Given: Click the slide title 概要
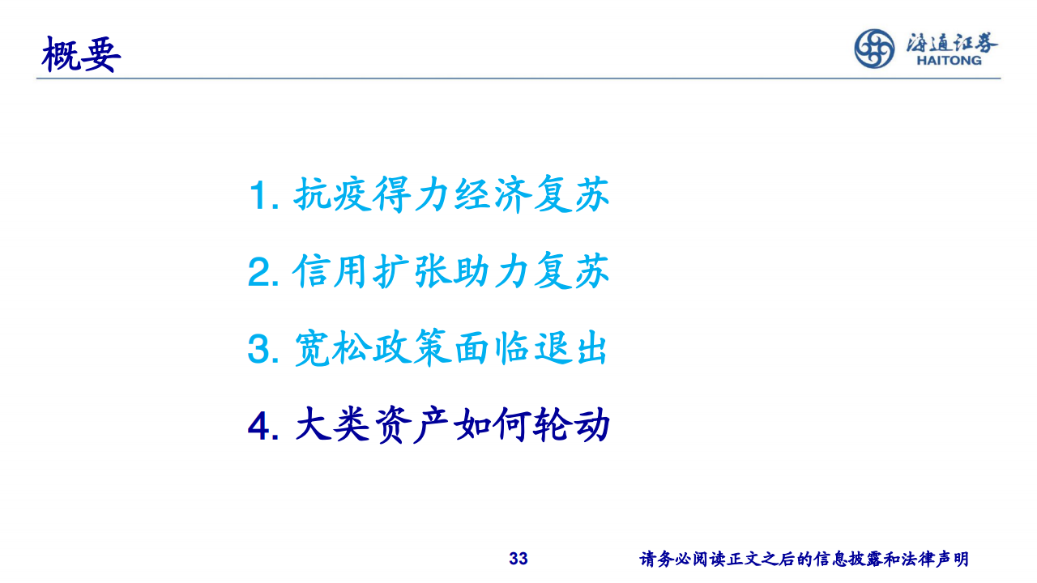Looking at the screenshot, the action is coord(81,54).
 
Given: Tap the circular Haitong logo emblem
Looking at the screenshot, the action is coord(874,49).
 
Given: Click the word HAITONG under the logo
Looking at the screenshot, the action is coord(949,60).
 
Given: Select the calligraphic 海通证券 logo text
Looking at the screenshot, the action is coord(952,42).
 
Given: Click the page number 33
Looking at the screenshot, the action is coord(518,559).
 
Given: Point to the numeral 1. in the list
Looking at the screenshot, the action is coord(264,196).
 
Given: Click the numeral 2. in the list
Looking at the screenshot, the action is coord(263,272).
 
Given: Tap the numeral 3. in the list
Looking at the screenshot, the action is coord(263,349).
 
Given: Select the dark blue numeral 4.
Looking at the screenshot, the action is coord(263,426).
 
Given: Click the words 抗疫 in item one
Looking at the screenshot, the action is coord(332,194).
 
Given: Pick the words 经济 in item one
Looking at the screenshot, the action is coord(492,194).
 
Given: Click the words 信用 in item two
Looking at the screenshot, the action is coord(332,271).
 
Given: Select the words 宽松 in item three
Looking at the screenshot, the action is coord(332,348).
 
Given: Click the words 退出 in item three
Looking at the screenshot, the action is coord(570,348).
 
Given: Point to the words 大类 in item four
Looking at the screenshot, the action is coord(332,425).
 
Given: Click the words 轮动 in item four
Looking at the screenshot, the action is coord(571,425).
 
